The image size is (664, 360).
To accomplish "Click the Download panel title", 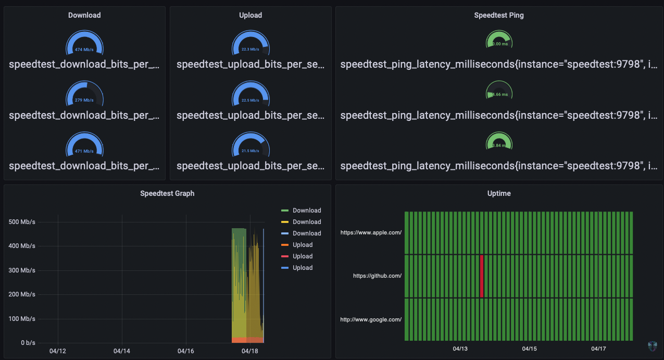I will pyautogui.click(x=84, y=15).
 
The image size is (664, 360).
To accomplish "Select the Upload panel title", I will pyautogui.click(x=250, y=15).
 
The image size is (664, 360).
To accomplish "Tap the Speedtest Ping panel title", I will pyautogui.click(x=499, y=15).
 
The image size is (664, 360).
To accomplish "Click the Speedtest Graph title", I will pyautogui.click(x=167, y=193).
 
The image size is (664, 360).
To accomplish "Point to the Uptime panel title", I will pyautogui.click(x=499, y=193).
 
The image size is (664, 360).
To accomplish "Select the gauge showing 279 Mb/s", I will pyautogui.click(x=84, y=96).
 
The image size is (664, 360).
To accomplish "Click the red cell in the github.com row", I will pyautogui.click(x=481, y=276).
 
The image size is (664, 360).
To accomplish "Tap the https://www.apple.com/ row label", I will pyautogui.click(x=371, y=233).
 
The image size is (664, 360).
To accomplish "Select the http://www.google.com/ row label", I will pyautogui.click(x=371, y=319).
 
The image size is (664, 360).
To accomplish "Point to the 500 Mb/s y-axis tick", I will pyautogui.click(x=22, y=222).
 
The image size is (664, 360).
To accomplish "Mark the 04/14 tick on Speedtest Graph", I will pyautogui.click(x=121, y=351).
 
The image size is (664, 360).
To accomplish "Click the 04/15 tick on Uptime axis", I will pyautogui.click(x=529, y=349).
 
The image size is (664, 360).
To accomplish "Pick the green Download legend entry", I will pyautogui.click(x=306, y=210).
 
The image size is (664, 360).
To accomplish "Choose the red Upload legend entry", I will pyautogui.click(x=302, y=256).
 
